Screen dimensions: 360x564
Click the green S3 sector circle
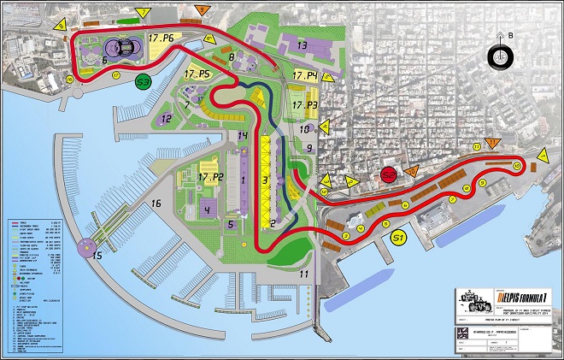[144, 82]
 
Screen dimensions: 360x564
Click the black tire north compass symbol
[499, 56]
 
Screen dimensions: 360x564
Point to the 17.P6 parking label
[162, 39]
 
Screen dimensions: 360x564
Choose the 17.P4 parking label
[304, 77]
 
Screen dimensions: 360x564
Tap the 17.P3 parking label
[304, 105]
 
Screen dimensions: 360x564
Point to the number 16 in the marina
[156, 204]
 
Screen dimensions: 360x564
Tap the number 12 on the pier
[166, 119]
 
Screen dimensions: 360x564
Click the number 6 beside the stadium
[104, 60]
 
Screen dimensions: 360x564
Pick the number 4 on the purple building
[207, 209]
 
